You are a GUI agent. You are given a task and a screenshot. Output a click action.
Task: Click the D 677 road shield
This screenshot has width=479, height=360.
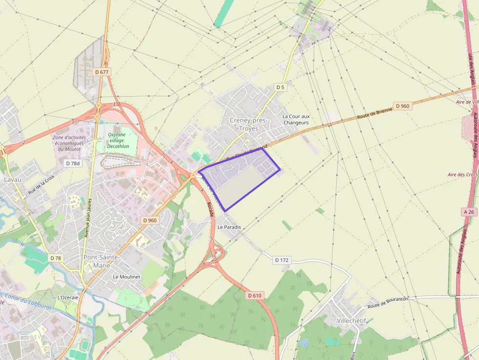(102, 72)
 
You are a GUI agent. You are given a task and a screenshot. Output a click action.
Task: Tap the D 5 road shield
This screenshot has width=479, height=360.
(280, 87)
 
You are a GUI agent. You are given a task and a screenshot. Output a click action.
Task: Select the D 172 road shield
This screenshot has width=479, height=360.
(282, 260)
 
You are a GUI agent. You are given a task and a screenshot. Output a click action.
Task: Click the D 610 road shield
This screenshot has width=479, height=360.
(255, 296)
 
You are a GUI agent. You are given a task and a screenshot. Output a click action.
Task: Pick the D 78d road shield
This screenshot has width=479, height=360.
(71, 163)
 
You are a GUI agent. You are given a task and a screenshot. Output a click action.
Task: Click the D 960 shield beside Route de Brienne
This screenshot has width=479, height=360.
(402, 106)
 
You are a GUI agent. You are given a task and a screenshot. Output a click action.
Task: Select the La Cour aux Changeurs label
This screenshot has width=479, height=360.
(296, 119)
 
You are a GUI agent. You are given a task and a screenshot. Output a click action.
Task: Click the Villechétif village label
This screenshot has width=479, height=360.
(351, 320)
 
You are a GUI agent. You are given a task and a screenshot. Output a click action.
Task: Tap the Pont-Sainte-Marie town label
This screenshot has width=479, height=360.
(102, 261)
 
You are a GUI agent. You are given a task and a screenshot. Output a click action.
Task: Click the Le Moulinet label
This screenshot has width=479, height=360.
(126, 276)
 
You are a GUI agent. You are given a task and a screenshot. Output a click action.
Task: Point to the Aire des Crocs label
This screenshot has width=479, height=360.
(462, 174)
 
